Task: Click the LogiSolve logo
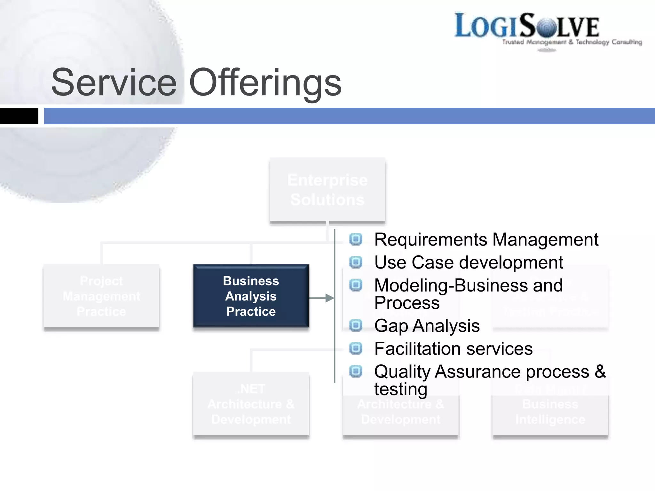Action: click(527, 26)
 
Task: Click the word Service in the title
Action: click(114, 82)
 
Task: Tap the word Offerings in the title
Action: click(265, 82)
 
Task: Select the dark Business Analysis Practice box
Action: click(251, 296)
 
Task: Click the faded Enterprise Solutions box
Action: click(327, 190)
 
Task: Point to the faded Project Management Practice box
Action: click(101, 296)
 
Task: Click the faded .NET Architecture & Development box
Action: click(251, 404)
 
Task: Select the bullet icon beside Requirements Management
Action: click(356, 239)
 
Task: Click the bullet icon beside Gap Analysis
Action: click(356, 325)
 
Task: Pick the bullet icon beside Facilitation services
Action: click(356, 348)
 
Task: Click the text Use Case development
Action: click(469, 263)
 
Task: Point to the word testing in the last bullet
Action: click(401, 389)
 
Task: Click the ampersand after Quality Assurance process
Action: click(600, 371)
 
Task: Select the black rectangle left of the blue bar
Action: click(19, 116)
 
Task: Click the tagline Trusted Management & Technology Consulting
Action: click(572, 42)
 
